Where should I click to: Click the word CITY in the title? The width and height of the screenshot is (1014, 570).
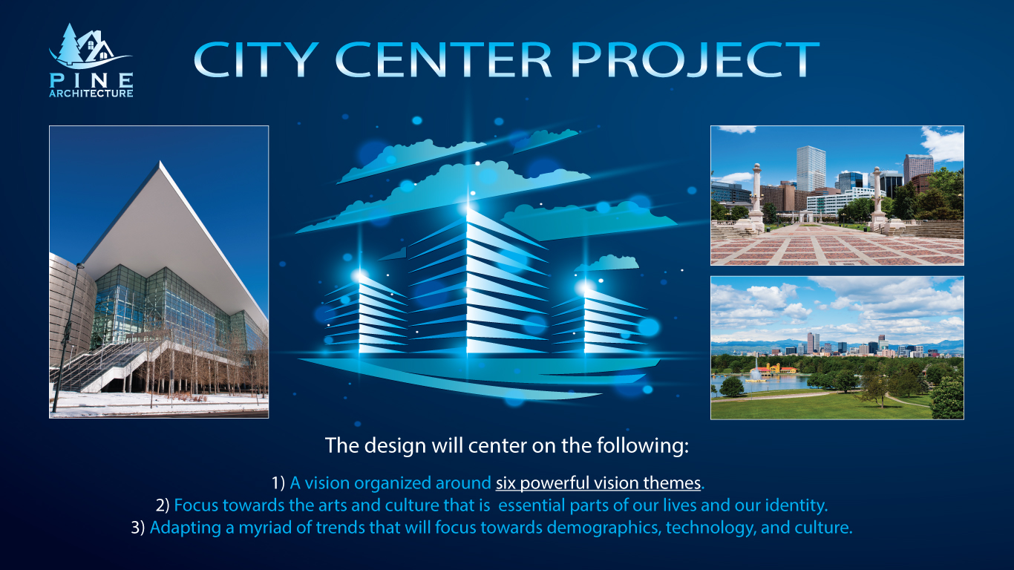[256, 59]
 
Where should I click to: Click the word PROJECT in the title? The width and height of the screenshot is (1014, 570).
[695, 59]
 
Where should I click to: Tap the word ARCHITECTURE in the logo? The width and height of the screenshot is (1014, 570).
[91, 94]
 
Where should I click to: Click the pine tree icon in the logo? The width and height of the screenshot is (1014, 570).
[68, 44]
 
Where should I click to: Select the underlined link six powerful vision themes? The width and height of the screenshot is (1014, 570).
[598, 483]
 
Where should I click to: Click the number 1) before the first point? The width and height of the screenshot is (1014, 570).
[278, 483]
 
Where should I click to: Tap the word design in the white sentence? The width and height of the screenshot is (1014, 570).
[395, 445]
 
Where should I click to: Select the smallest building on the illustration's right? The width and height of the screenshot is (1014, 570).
[600, 319]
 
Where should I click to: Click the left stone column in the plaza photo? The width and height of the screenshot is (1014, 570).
[756, 197]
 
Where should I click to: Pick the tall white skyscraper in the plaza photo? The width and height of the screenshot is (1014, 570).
[811, 168]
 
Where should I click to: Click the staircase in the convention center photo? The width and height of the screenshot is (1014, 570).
[106, 367]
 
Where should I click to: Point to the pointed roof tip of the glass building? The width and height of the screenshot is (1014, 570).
[160, 162]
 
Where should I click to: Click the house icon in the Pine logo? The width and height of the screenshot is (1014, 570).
[96, 46]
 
